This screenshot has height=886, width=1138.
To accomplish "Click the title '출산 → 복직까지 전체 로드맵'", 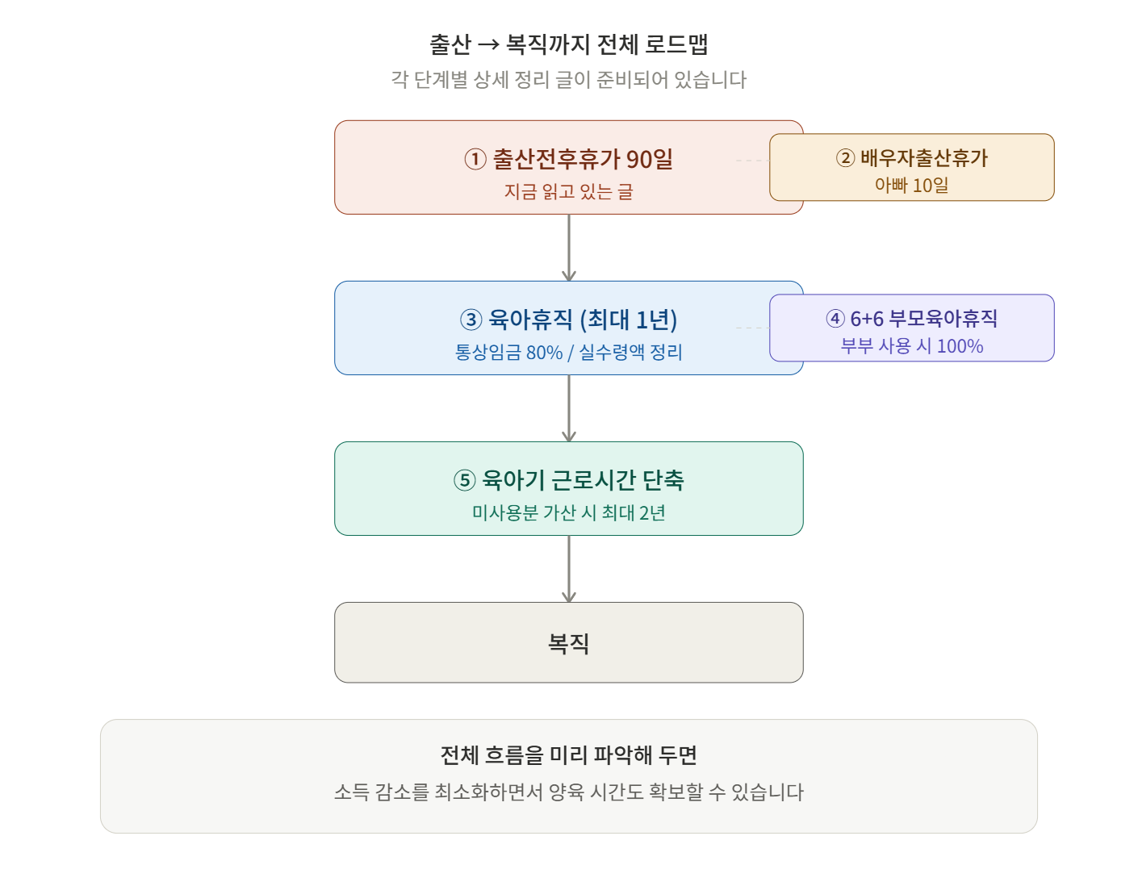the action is (x=568, y=44).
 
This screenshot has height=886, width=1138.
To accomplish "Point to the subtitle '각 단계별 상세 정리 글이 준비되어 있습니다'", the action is (x=568, y=80).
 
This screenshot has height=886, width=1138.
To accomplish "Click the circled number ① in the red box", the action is (x=475, y=159).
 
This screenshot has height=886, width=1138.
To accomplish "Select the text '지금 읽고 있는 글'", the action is (x=568, y=191).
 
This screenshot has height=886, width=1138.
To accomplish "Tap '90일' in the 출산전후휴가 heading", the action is (x=650, y=159).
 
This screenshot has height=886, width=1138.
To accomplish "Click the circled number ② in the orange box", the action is (x=845, y=157).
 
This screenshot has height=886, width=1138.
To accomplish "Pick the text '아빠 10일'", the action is (x=911, y=185).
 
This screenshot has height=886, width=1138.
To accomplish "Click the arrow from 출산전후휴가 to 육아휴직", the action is (x=569, y=248).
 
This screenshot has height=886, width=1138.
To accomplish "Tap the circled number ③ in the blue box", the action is (x=471, y=320).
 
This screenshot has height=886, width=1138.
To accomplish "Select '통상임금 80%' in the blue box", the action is (x=508, y=352).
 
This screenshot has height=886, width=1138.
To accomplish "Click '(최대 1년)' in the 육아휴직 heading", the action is (x=629, y=320).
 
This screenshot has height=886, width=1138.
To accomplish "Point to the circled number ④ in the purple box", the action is (x=835, y=318).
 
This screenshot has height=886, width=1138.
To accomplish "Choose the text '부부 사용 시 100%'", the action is (x=911, y=346).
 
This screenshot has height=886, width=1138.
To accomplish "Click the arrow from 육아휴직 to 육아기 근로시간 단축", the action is (x=569, y=408).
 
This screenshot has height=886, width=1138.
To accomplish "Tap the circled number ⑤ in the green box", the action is (x=464, y=480).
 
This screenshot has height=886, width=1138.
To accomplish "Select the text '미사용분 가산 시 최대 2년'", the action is (x=568, y=513).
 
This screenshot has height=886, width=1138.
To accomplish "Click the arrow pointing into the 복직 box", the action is (x=569, y=569).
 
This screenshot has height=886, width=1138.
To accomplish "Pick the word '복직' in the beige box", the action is (x=568, y=642).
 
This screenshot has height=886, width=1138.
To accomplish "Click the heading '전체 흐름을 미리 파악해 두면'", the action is (x=568, y=755).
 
